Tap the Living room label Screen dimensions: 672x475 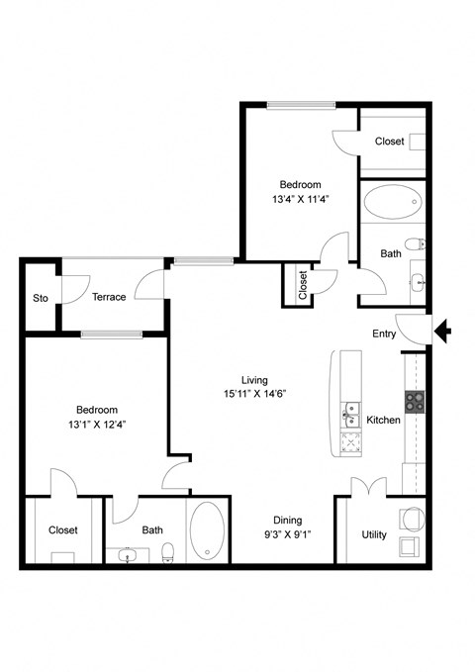(x=254, y=379)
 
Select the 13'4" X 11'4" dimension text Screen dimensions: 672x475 (x=300, y=198)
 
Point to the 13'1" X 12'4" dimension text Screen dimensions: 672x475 (x=98, y=426)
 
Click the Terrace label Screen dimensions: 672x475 (x=109, y=297)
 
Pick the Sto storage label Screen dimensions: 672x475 (x=41, y=298)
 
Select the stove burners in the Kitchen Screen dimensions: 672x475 (x=414, y=401)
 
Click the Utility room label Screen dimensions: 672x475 (x=374, y=534)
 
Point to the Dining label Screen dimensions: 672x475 (x=288, y=521)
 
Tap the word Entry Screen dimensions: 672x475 (x=384, y=334)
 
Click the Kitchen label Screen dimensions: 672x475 (x=383, y=421)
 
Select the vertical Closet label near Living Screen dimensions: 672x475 (x=302, y=285)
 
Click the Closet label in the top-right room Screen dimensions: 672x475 (x=389, y=142)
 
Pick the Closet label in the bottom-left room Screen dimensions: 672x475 (x=63, y=530)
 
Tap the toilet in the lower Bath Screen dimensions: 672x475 (x=170, y=550)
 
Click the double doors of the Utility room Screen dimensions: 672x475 (x=367, y=488)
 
